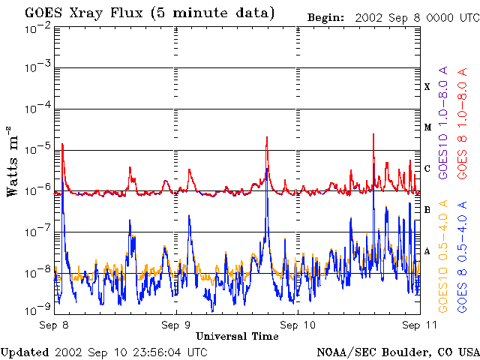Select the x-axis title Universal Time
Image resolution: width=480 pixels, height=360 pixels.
[237, 336]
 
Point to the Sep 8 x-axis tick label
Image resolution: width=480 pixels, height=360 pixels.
[55, 325]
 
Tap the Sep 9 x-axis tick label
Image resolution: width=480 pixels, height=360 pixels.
[176, 325]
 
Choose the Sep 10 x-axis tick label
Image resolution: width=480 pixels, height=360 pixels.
[298, 325]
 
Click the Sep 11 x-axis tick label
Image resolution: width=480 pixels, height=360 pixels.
[419, 325]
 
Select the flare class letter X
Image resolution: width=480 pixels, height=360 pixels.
[427, 87]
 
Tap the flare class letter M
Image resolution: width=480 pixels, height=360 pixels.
[427, 127]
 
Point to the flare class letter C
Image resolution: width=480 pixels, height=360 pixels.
[427, 169]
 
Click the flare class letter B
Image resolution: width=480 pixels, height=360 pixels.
[427, 209]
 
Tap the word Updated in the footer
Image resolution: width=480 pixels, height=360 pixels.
[25, 352]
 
